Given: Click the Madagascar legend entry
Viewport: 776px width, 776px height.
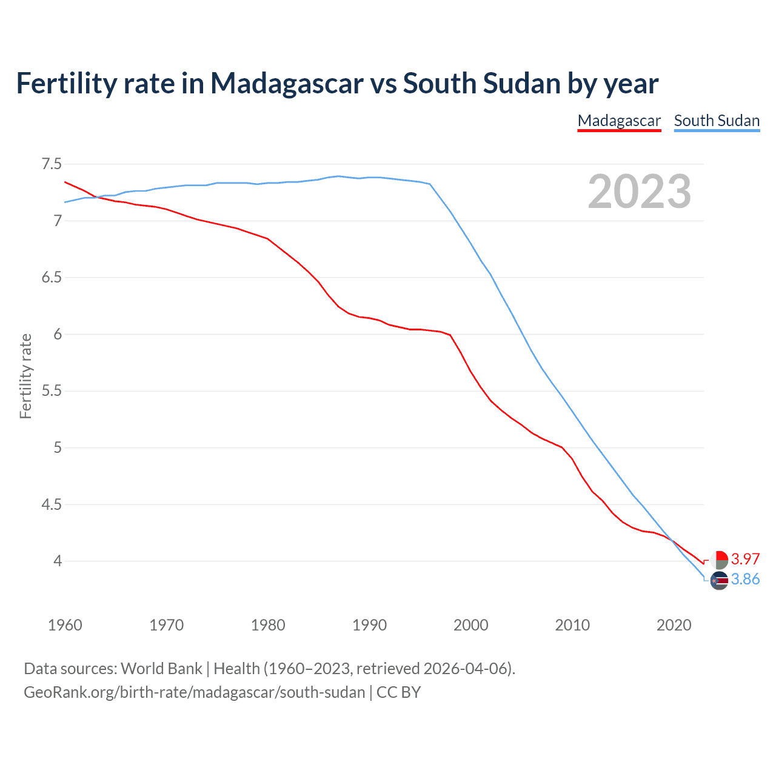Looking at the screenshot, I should tap(619, 121).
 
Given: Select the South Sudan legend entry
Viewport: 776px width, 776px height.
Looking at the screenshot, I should tap(717, 121).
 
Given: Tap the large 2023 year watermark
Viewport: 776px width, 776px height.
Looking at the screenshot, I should tap(640, 192).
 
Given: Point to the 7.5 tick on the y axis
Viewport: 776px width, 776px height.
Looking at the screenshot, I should tap(52, 164).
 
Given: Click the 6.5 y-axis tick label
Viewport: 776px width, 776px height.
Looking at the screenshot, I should tap(52, 278).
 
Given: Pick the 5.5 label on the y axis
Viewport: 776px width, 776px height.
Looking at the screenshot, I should tap(52, 391).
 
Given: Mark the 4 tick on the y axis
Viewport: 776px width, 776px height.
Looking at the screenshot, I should tap(58, 561).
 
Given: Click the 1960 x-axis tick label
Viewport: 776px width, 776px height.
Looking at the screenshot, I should tap(65, 625).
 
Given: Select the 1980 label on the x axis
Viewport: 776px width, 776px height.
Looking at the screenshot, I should tap(268, 625).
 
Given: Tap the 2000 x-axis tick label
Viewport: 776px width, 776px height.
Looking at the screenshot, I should tap(471, 625).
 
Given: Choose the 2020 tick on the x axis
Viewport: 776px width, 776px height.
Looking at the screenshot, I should tap(674, 625).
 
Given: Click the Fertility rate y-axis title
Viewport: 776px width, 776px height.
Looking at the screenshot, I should tap(25, 376).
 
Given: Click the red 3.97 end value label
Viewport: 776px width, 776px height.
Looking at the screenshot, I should tap(745, 559).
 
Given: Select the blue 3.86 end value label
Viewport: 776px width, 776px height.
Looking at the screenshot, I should tap(745, 580).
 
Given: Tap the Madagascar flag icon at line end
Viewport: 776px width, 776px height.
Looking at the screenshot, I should tap(719, 560).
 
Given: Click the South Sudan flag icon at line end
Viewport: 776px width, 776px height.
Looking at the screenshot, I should tap(719, 580).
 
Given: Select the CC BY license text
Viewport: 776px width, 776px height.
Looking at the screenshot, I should tap(398, 692).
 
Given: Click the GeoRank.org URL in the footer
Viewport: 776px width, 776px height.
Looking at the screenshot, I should tap(194, 692).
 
